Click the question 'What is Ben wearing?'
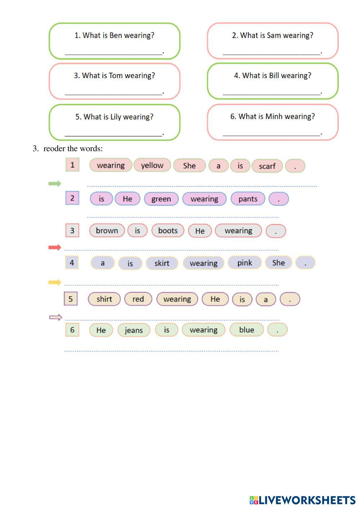tap(114, 35)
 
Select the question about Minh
tap(273, 116)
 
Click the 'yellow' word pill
tap(152, 165)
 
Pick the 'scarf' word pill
tap(267, 166)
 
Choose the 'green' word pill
tap(161, 199)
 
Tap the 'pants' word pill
tap(248, 199)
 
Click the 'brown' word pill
tap(107, 230)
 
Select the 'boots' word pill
tap(168, 230)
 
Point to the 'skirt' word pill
tap(162, 263)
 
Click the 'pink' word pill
tap(244, 263)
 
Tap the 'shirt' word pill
tap(104, 299)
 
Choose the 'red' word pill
tap(138, 299)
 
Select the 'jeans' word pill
tap(134, 330)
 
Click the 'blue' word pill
tap(247, 330)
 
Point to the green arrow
tap(55, 184)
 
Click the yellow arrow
tap(55, 282)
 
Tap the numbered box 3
tap(72, 230)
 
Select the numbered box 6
tap(72, 330)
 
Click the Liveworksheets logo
tap(302, 500)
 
